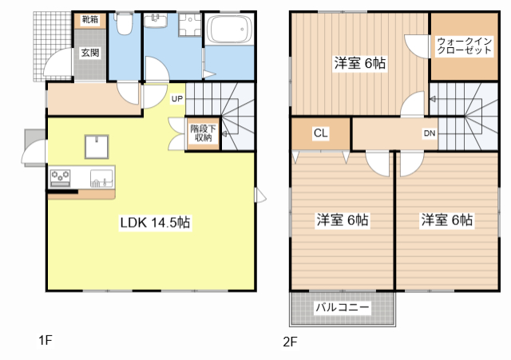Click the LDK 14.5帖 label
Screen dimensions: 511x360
tap(155, 223)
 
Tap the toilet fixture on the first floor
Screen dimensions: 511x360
tap(124, 23)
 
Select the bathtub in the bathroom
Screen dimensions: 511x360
tap(229, 29)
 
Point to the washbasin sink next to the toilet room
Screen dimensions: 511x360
tap(156, 21)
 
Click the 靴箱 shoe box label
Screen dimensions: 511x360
tap(89, 19)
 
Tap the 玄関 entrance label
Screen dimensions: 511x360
tap(90, 53)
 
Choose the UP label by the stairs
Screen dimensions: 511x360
tap(177, 99)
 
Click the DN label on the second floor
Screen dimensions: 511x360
tap(430, 133)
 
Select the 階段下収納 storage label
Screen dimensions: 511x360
tap(203, 133)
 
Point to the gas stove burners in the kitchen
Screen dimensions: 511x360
tap(60, 178)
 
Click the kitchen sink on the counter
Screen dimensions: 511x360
tap(101, 179)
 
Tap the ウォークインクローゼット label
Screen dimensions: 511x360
tap(464, 46)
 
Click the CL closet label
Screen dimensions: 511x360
tap(321, 133)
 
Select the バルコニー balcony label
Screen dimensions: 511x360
tap(343, 307)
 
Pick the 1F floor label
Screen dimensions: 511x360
tap(46, 341)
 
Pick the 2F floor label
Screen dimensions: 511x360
tap(290, 342)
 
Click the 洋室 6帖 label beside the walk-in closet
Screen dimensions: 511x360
tap(360, 63)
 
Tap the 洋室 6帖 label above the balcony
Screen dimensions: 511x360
tap(343, 220)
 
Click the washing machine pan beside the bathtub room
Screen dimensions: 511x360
tap(190, 25)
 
